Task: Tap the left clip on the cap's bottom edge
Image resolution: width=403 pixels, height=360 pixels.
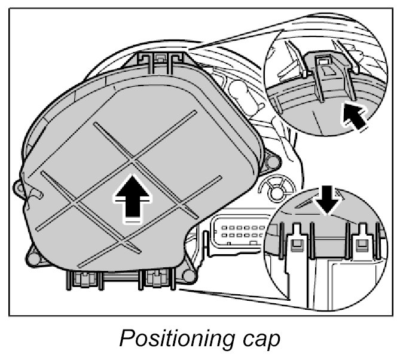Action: (83, 278)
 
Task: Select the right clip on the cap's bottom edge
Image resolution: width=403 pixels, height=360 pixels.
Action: (155, 278)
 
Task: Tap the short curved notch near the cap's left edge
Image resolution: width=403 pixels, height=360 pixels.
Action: (38, 193)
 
